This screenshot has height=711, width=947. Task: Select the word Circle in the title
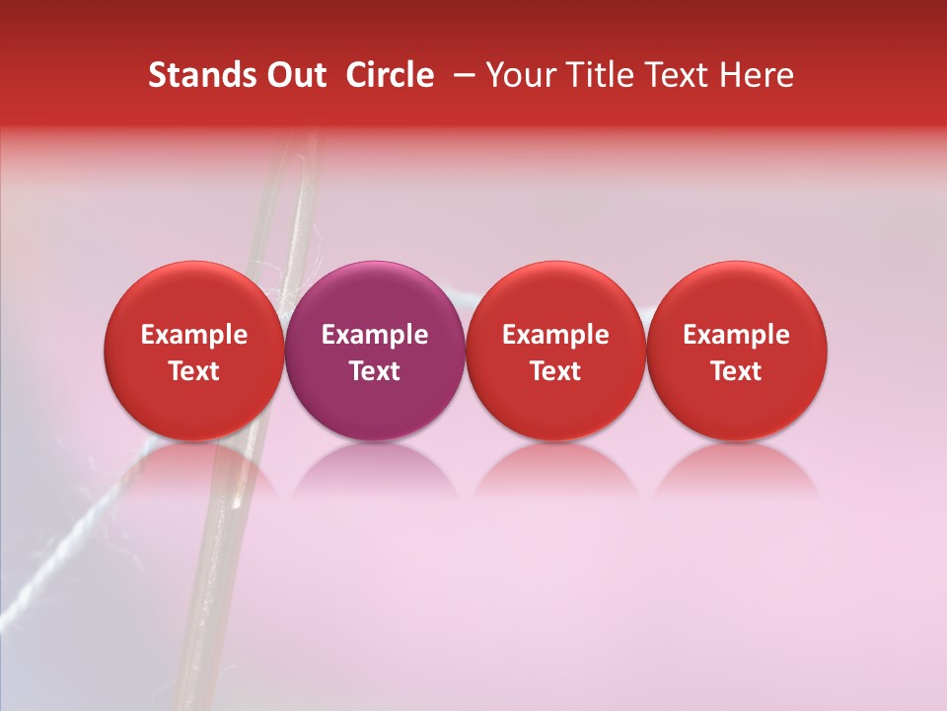pos(390,75)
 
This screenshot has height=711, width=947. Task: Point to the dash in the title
pos(462,75)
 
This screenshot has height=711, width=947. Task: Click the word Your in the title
pos(521,75)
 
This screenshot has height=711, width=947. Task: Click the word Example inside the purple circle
pos(375,336)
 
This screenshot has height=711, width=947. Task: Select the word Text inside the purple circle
pos(375,371)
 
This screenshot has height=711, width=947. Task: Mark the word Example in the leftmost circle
pos(194,336)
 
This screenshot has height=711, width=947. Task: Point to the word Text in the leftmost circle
pos(194,371)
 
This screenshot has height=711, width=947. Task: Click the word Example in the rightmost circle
pos(737,336)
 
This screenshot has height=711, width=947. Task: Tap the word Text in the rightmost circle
pos(737,371)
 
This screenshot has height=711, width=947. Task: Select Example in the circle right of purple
pos(555,336)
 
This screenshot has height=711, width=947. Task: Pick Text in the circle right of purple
pos(555,371)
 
